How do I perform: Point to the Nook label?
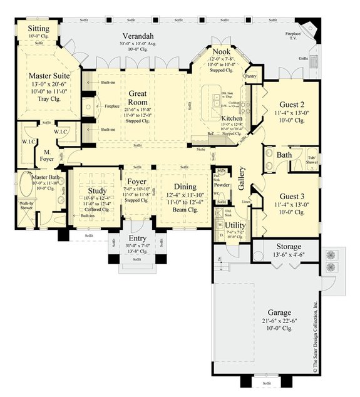click(221, 52)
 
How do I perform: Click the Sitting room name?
click(31, 29)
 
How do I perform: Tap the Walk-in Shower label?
click(26, 206)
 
